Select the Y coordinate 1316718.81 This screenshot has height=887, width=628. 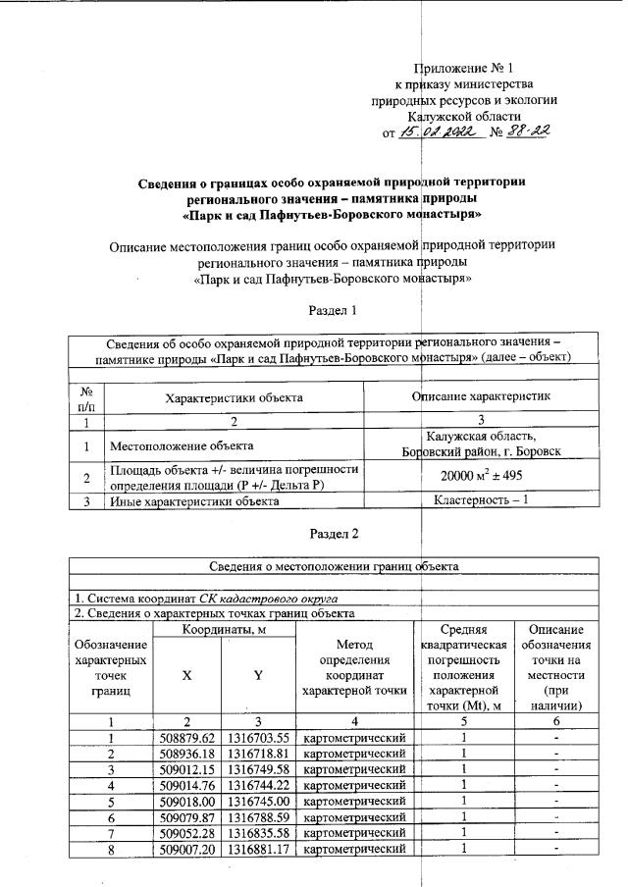coord(259,754)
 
